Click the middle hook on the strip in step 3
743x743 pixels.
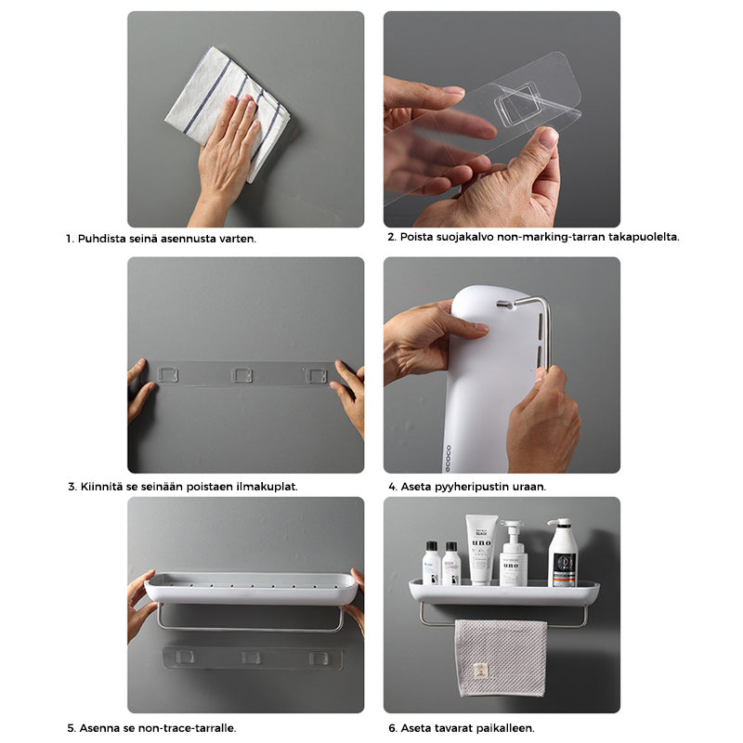click(x=241, y=375)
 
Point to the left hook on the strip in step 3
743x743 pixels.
click(x=168, y=375)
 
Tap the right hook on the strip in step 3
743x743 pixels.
click(x=316, y=375)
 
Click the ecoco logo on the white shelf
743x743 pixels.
click(x=448, y=458)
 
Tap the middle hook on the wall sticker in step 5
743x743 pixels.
click(x=251, y=658)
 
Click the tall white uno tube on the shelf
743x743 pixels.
click(x=481, y=550)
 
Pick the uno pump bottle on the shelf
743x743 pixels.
click(x=514, y=554)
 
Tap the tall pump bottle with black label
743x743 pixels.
click(x=563, y=553)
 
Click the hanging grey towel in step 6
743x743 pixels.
click(x=501, y=658)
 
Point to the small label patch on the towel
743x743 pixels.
click(x=480, y=671)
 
